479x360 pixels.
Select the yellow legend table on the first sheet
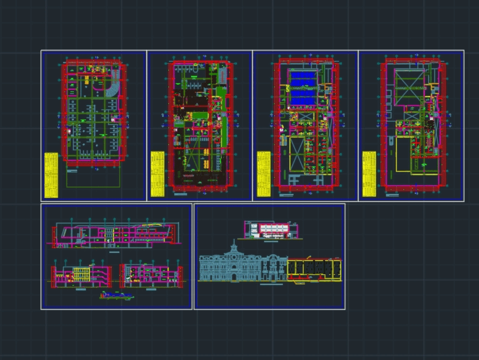click(51, 175)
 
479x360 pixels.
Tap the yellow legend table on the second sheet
click(157, 174)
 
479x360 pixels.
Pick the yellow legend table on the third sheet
click(263, 174)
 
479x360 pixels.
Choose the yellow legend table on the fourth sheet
click(369, 174)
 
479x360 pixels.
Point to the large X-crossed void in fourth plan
click(410, 87)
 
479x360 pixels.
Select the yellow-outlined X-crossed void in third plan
click(297, 154)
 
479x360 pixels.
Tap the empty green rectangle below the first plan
click(93, 177)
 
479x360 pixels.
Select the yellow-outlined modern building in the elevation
click(314, 270)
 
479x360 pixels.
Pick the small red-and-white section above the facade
click(272, 230)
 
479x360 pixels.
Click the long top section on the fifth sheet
click(115, 235)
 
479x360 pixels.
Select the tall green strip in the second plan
click(221, 115)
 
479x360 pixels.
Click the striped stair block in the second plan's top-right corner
click(222, 75)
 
